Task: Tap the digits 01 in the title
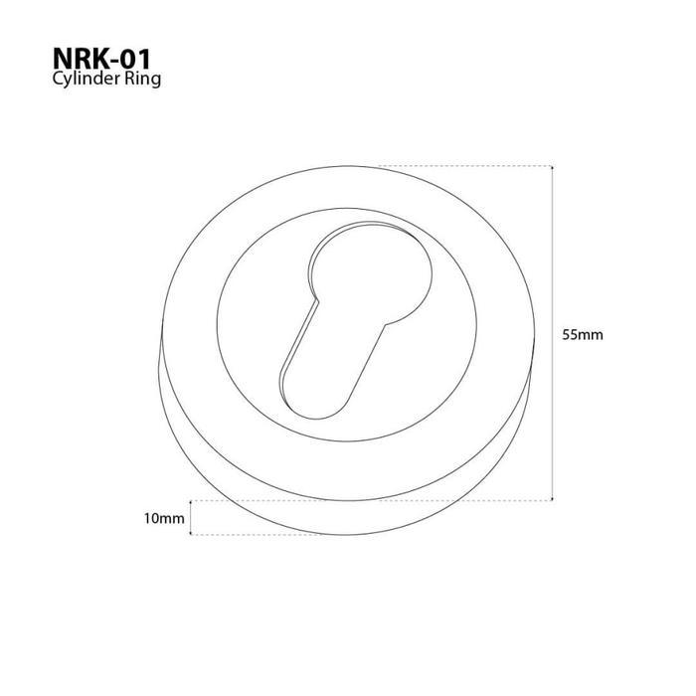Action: coord(134,59)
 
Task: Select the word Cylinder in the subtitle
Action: coord(87,79)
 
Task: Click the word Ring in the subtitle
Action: coord(142,79)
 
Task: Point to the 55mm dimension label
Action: coord(583,335)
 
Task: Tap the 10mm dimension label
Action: coord(164,518)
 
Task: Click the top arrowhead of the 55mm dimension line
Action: coord(552,167)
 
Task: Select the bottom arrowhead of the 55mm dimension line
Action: coord(552,499)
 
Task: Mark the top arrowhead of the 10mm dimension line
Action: coord(191,502)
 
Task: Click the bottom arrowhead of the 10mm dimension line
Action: coord(191,533)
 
